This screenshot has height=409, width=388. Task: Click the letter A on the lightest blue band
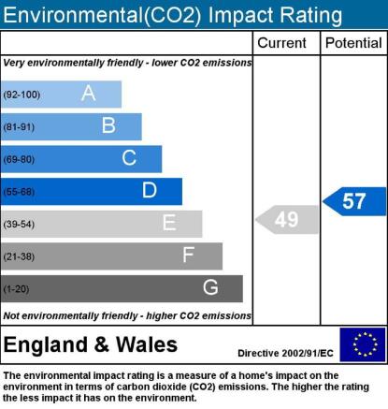[89, 93]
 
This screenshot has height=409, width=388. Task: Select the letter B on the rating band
[108, 125]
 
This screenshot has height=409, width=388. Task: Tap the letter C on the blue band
[129, 157]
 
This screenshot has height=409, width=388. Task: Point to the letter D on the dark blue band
[150, 190]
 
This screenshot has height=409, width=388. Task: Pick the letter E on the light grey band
[169, 223]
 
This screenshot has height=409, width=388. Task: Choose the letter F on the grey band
[189, 255]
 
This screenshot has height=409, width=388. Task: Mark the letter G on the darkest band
[210, 287]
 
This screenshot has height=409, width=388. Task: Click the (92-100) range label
[22, 95]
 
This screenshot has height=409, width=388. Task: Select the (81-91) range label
[19, 127]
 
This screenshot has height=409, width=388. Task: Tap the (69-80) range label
[19, 159]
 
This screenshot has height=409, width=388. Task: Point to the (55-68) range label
[19, 192]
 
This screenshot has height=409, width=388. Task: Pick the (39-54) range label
[19, 224]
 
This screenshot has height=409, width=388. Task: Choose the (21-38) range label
[19, 256]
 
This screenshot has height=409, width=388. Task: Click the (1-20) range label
[16, 289]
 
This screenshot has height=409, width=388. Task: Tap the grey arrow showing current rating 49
[287, 219]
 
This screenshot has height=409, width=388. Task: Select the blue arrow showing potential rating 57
[354, 201]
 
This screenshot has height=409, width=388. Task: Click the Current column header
[281, 43]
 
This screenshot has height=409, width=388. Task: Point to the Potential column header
[353, 43]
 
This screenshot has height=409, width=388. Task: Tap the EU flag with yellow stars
[363, 344]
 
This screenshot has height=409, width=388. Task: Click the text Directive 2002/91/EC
[285, 353]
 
